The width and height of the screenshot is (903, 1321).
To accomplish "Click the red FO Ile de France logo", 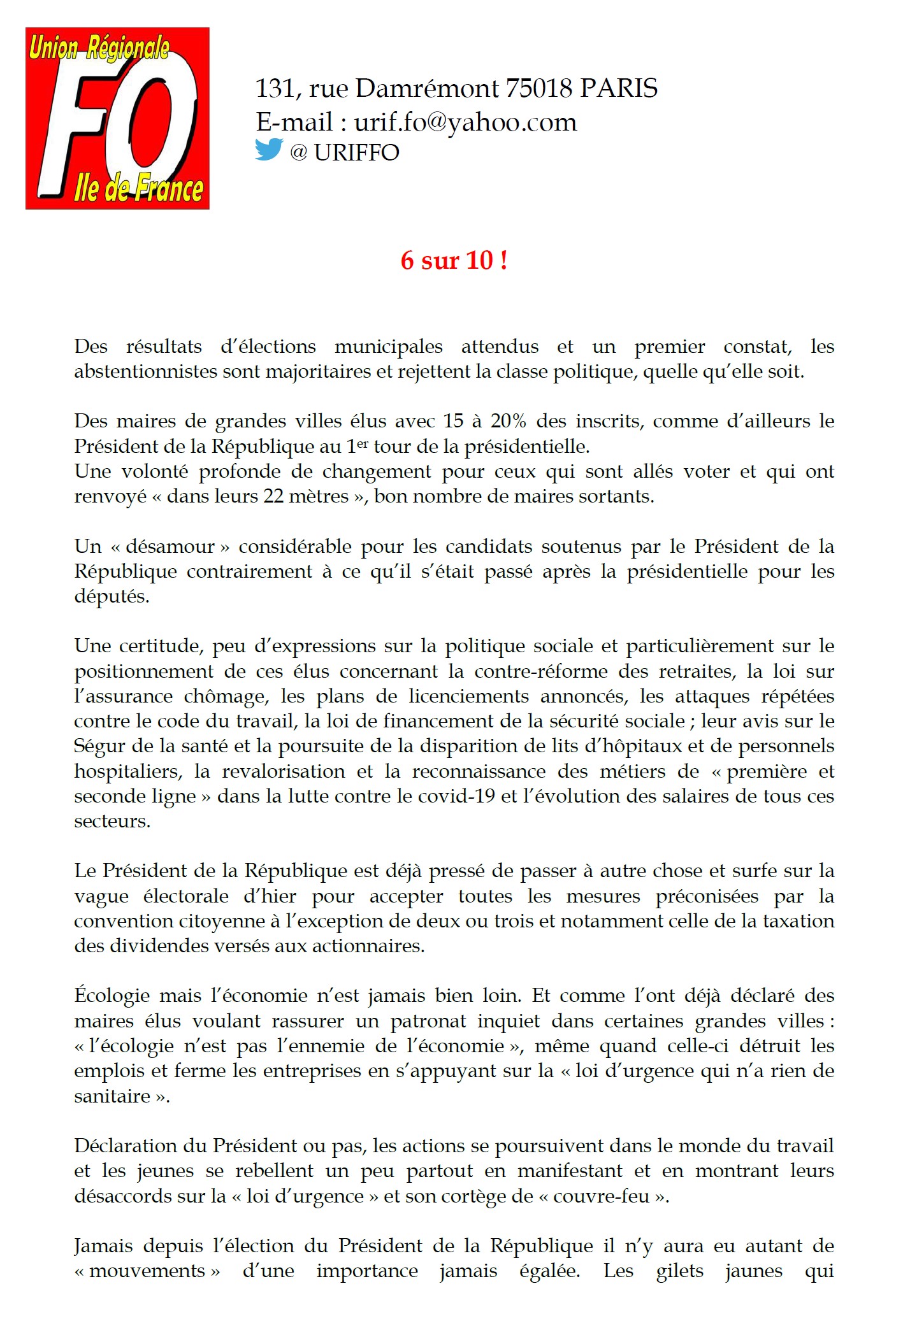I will point(117,118).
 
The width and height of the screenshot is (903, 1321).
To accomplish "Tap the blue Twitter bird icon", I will point(269,150).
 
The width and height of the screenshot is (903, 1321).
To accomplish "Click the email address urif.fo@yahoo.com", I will point(465,122).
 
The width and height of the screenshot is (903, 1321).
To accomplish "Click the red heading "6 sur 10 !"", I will point(454,261).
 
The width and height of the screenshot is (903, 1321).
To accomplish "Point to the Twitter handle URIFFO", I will point(356,153).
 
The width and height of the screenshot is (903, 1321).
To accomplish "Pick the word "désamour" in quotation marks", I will point(170,546).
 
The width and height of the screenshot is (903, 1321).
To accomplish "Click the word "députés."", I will point(112,597).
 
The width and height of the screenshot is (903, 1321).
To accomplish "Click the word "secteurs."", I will point(112,821).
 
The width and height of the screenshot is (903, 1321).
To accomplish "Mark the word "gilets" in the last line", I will point(679,1271).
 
